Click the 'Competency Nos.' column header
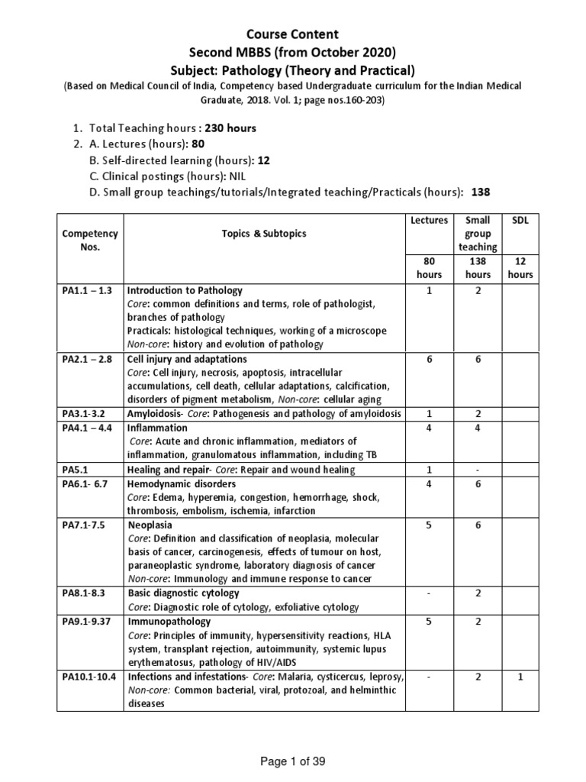(89, 240)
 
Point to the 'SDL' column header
(523, 220)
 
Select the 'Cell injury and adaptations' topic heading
(186, 358)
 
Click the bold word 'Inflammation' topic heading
(156, 427)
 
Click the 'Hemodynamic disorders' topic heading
(182, 483)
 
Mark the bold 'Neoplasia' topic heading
(150, 525)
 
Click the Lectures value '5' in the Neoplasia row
(430, 525)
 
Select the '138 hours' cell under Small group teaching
(478, 267)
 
